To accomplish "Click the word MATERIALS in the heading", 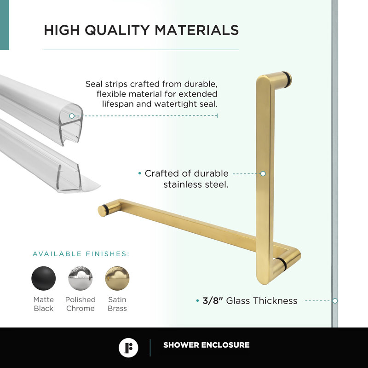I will pyautogui.click(x=196, y=30).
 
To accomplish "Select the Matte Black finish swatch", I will pyautogui.click(x=44, y=279).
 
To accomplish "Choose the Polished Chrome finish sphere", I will pyautogui.click(x=80, y=279).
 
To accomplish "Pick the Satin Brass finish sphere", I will pyautogui.click(x=117, y=279).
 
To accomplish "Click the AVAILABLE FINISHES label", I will pyautogui.click(x=81, y=254).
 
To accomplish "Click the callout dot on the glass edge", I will pyautogui.click(x=335, y=300).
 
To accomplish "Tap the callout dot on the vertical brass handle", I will pyautogui.click(x=263, y=174).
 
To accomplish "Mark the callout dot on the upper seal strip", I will pyautogui.click(x=72, y=116).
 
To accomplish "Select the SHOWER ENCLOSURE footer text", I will pyautogui.click(x=206, y=345).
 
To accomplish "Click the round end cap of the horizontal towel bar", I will pyautogui.click(x=102, y=210).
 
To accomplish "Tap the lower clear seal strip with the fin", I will pyautogui.click(x=55, y=161).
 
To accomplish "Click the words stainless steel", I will pyautogui.click(x=196, y=185).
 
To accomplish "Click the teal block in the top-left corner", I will pyautogui.click(x=4, y=25).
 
